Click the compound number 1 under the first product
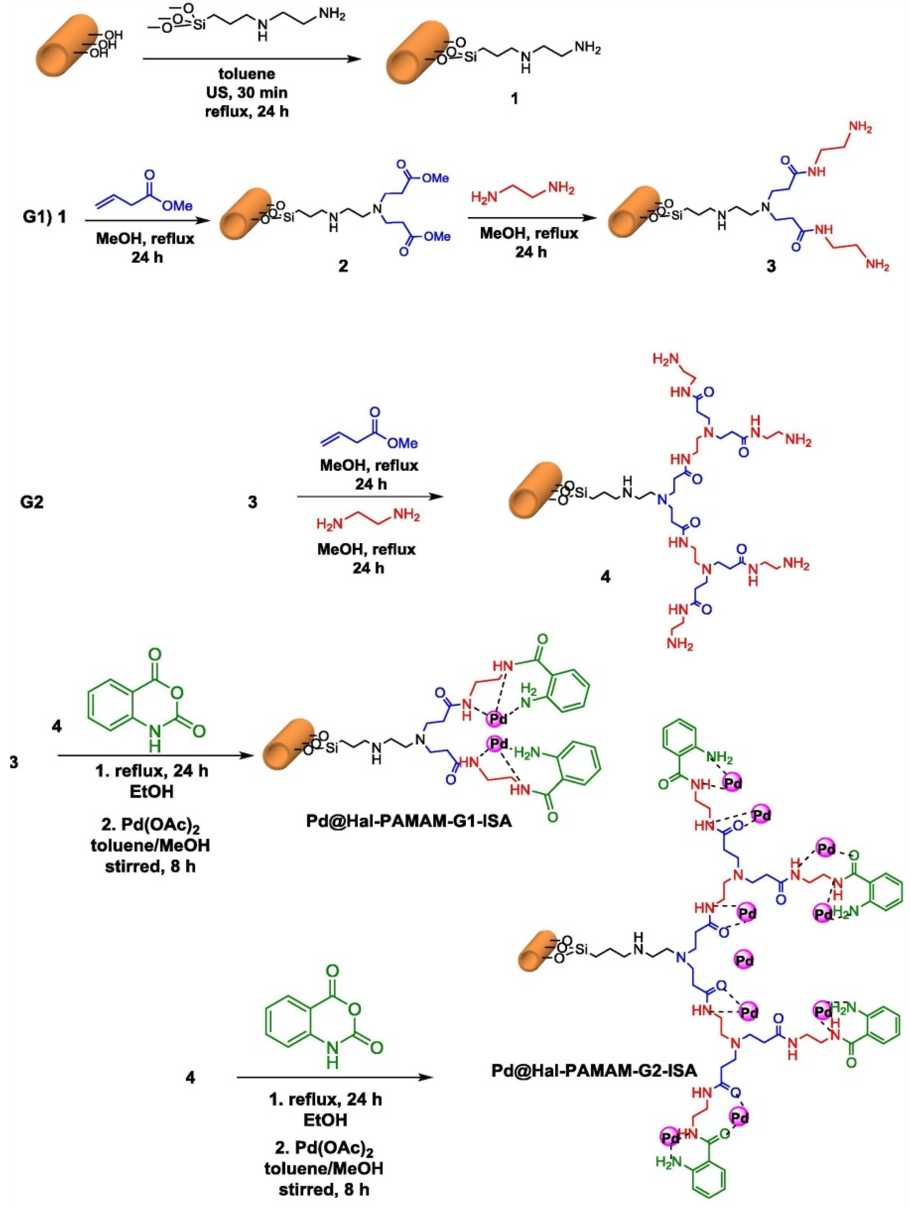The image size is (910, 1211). [x=514, y=99]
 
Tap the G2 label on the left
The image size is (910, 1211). [x=32, y=502]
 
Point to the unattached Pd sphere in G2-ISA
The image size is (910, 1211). [x=743, y=960]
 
